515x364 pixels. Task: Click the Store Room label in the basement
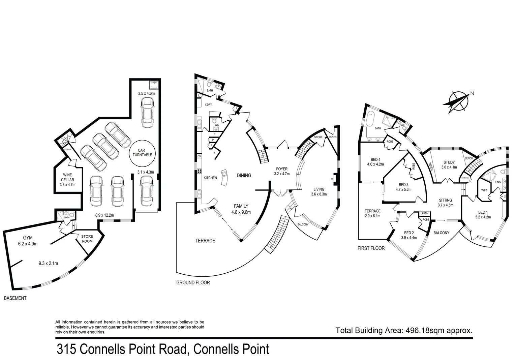point(87,239)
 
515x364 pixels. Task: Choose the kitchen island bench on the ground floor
point(224,177)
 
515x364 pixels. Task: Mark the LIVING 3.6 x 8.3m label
point(319,191)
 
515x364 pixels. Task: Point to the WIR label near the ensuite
point(484,190)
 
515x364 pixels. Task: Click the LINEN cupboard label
point(424,214)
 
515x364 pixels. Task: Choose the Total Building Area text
point(404,330)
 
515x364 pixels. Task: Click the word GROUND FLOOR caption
point(193,282)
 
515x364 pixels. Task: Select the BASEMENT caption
point(15,298)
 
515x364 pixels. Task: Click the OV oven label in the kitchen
point(199,156)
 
